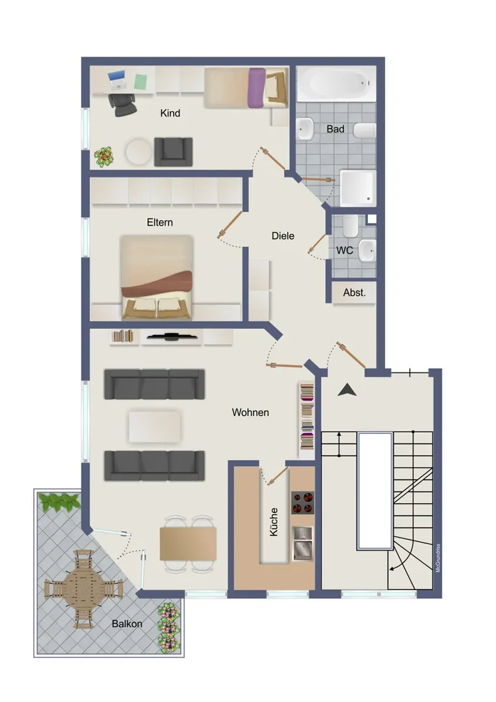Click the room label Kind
click(x=170, y=113)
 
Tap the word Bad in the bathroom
click(x=335, y=129)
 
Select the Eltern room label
click(x=160, y=222)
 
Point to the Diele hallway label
click(x=283, y=235)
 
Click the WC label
click(x=345, y=250)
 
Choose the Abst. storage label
click(x=354, y=292)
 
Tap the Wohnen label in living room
click(x=250, y=412)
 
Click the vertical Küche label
click(x=274, y=521)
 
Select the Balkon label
click(x=127, y=623)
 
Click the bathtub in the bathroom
click(x=337, y=84)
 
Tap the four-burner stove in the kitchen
click(x=303, y=502)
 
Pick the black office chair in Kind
click(x=122, y=105)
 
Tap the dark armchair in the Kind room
click(x=173, y=151)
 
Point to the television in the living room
click(x=172, y=336)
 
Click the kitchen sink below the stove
click(x=303, y=543)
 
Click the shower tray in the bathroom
click(x=358, y=188)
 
